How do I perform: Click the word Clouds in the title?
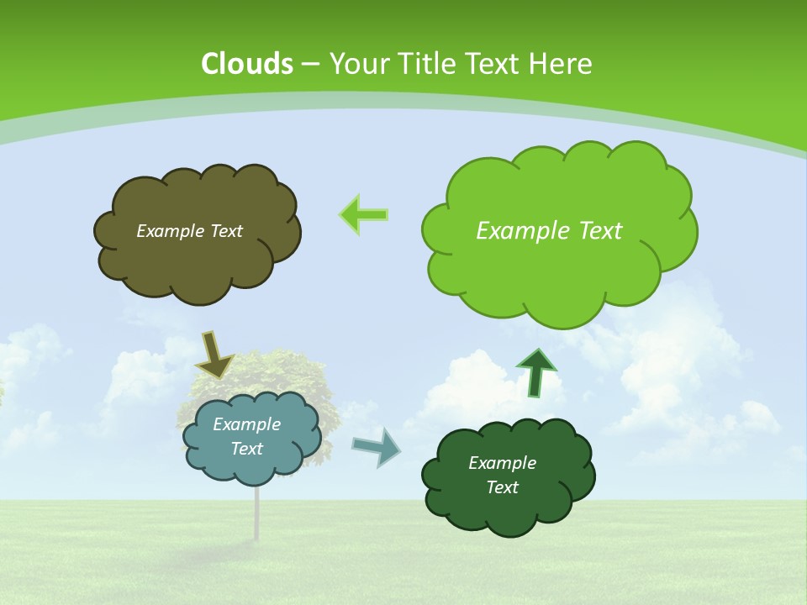pyautogui.click(x=247, y=64)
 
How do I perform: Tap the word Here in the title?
pyautogui.click(x=561, y=64)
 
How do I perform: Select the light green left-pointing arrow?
pyautogui.click(x=363, y=215)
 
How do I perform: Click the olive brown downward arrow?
pyautogui.click(x=214, y=355)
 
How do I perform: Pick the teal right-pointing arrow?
pyautogui.click(x=376, y=446)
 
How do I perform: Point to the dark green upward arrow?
pyautogui.click(x=536, y=372)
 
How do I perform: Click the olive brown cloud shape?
pyautogui.click(x=196, y=260)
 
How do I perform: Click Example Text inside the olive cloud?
pyautogui.click(x=189, y=231)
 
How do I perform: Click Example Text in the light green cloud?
pyautogui.click(x=549, y=231)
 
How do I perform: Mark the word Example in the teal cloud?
pyautogui.click(x=246, y=424)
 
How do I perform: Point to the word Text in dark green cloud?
pyautogui.click(x=502, y=488)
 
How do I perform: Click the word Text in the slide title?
pyautogui.click(x=493, y=64)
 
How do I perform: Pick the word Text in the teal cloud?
pyautogui.click(x=246, y=450)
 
